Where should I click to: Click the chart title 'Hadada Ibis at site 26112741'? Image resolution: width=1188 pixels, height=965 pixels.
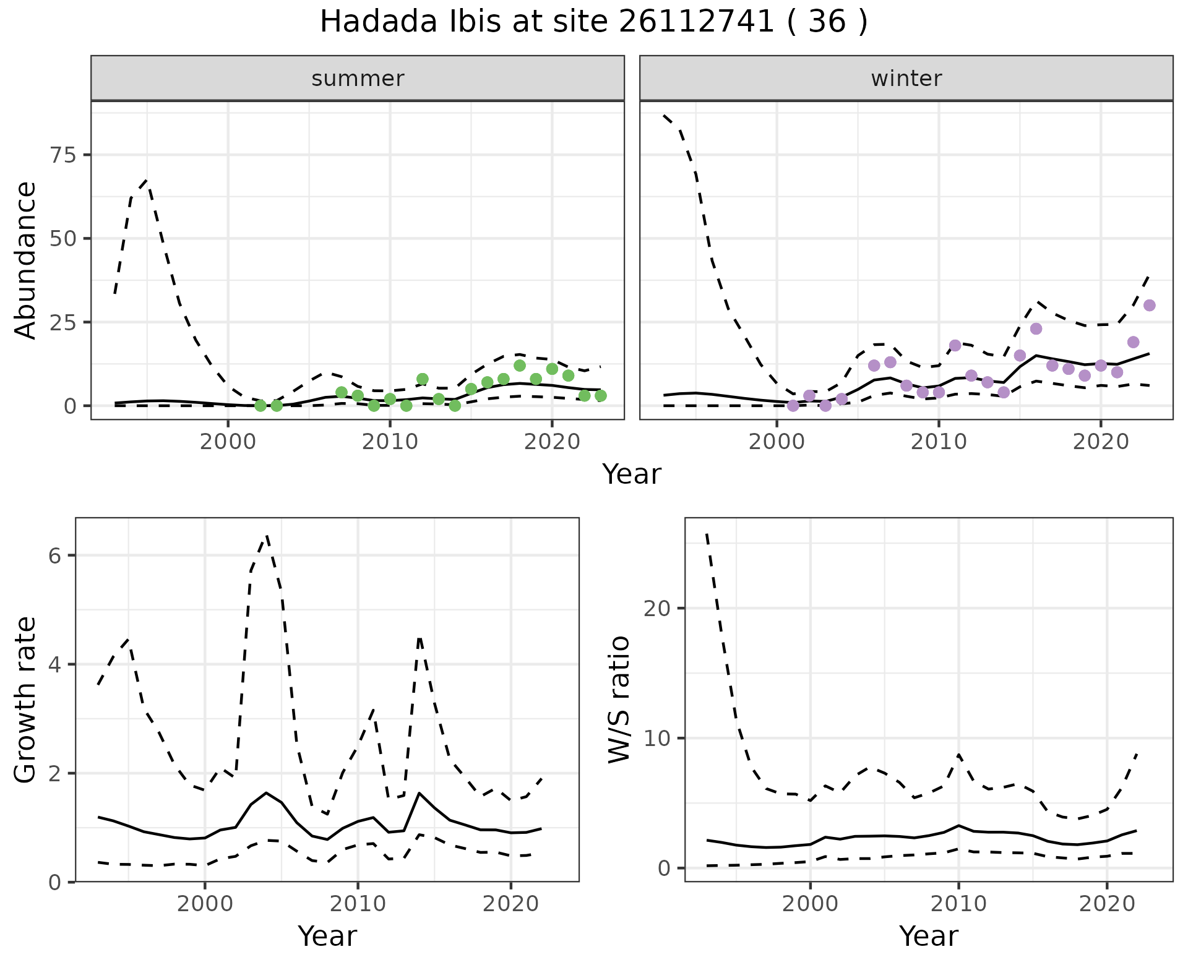pos(593,22)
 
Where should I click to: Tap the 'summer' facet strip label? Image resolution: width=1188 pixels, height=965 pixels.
pos(358,79)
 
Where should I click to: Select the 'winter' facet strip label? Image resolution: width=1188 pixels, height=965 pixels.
pos(906,79)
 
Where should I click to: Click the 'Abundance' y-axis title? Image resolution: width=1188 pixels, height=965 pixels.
pos(26,260)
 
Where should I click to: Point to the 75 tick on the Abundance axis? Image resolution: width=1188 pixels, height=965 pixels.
pos(62,155)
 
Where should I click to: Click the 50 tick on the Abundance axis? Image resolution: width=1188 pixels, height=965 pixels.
pos(62,239)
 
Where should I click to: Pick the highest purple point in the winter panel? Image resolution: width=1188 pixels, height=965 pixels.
pos(1149,305)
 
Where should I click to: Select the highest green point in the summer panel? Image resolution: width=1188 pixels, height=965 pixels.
pos(520,366)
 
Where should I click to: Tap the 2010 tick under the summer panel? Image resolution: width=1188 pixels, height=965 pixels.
pos(390,442)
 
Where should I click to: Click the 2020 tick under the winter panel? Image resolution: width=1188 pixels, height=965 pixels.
pos(1100,442)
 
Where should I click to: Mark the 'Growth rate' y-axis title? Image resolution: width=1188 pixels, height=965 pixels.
pos(26,700)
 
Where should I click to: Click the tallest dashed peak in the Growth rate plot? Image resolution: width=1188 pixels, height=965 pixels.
pos(266,536)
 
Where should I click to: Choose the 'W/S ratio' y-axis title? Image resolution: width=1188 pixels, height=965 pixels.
pos(619,700)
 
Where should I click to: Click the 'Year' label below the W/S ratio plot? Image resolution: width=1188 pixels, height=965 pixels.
pos(928,937)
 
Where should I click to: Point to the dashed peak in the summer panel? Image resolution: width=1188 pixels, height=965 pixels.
pos(146,181)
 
